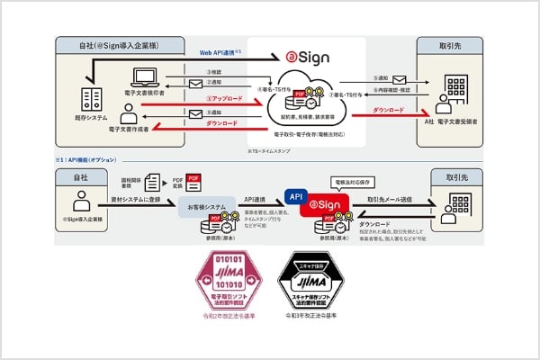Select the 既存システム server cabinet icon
pyautogui.click(x=90, y=99)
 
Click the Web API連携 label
pyautogui.click(x=219, y=53)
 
